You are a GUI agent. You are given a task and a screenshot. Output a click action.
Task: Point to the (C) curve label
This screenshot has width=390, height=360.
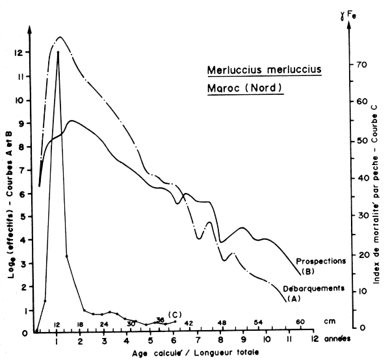174,315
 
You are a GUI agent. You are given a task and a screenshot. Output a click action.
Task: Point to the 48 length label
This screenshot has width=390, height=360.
222,323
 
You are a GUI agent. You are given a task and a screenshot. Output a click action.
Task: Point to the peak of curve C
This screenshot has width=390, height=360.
58,52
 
